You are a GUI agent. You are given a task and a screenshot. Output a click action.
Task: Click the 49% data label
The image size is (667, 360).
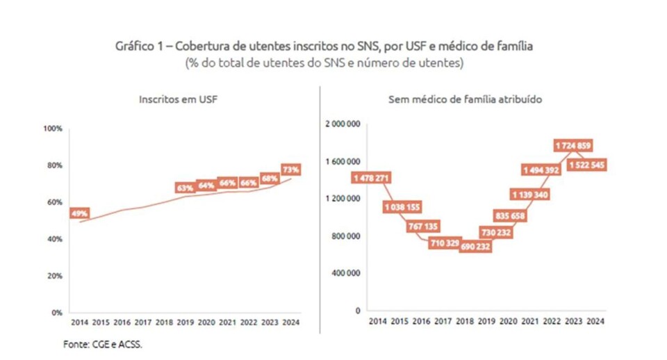(x=79, y=213)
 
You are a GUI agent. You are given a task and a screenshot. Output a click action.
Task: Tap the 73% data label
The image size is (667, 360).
(x=290, y=169)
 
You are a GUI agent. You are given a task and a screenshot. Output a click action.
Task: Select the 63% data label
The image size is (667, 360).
(x=185, y=188)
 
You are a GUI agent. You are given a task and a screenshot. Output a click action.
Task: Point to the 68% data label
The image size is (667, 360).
(x=270, y=178)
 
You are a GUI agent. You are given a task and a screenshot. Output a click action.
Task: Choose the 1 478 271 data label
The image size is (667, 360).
(x=370, y=179)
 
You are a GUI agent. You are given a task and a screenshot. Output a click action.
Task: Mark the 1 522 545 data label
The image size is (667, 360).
(x=587, y=165)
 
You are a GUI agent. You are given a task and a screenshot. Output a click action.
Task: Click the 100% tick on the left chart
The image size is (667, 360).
(x=53, y=129)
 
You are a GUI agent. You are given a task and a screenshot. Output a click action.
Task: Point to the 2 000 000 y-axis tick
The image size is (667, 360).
(x=343, y=124)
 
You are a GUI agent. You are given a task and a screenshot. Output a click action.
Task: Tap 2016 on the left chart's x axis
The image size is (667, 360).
(x=122, y=322)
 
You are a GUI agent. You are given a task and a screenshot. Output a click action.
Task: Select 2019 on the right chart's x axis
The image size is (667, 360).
(x=487, y=322)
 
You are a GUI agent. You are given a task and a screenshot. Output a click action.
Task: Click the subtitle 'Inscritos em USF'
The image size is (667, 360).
(x=174, y=99)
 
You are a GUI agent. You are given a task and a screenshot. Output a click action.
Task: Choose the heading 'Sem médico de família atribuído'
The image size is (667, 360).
(x=465, y=99)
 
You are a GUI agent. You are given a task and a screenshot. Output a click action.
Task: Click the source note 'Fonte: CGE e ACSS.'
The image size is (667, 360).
(x=101, y=343)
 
